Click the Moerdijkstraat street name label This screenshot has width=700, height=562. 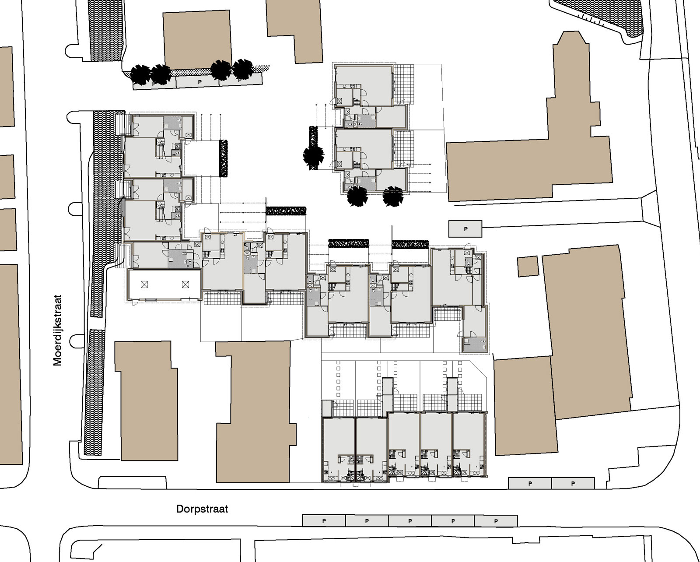point(58,330)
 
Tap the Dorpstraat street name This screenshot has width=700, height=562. point(202,509)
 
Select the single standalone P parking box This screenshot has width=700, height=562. point(465,228)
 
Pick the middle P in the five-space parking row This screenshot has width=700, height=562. point(410,521)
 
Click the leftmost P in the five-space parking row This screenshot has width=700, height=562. point(324,521)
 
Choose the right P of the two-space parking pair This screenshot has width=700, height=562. point(573,484)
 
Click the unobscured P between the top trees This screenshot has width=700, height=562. point(199,82)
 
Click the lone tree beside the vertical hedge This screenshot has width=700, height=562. point(313,154)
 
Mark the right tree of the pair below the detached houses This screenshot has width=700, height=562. point(393,196)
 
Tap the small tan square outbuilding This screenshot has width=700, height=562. point(528,267)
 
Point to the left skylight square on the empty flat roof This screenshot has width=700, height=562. point(143,284)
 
